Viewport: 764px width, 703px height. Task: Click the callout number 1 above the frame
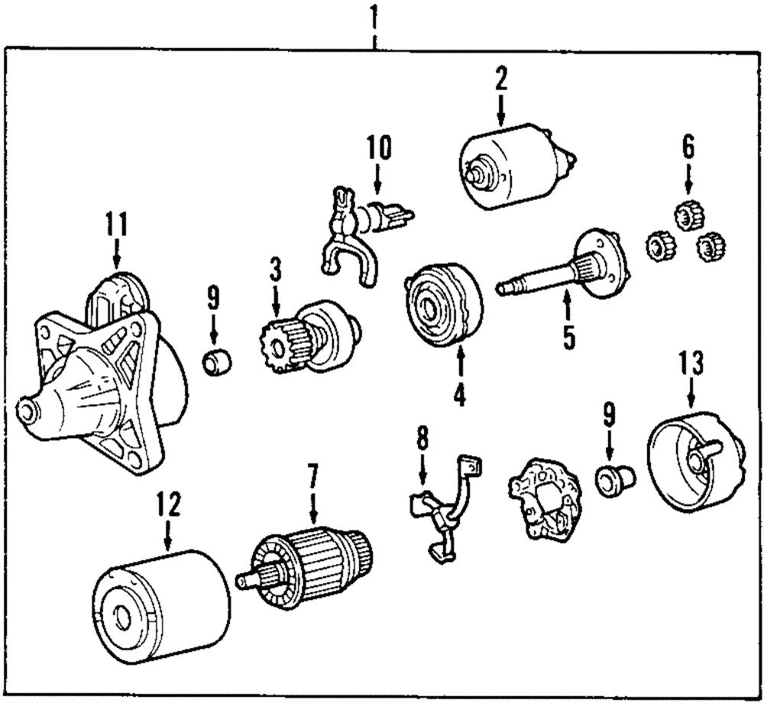[374, 16]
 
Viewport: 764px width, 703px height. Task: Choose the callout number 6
[688, 147]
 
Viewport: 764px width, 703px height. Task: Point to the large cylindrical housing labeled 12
[160, 603]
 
